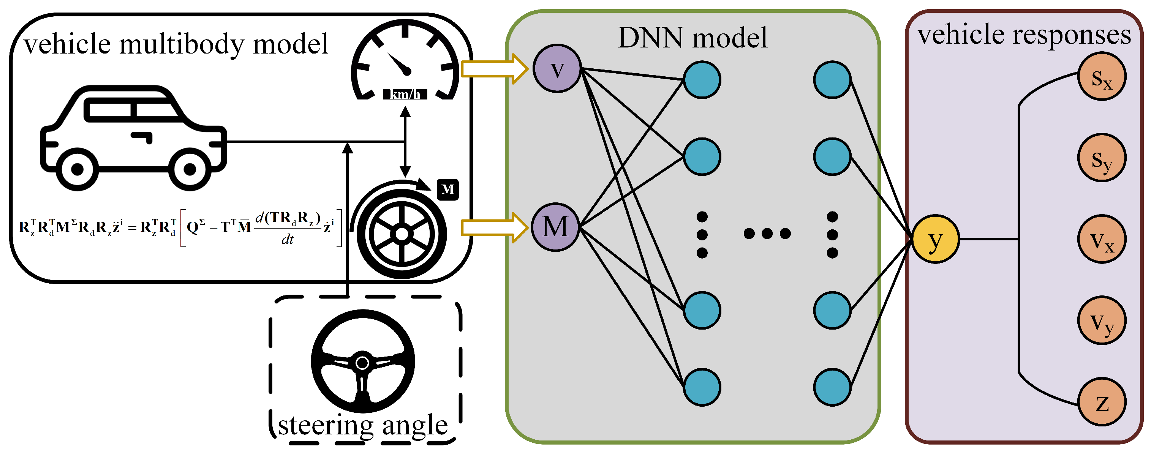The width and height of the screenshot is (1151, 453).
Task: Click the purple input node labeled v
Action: [557, 69]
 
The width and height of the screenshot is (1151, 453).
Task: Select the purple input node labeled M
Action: [555, 227]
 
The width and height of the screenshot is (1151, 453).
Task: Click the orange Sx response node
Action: [1102, 76]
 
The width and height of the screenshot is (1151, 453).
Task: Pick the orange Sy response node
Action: [1102, 158]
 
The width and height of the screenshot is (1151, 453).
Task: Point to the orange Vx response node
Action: [1102, 239]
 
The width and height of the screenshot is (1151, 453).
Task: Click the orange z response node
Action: [1102, 402]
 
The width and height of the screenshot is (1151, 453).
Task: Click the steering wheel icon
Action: [363, 361]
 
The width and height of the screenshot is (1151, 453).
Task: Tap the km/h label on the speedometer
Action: [405, 94]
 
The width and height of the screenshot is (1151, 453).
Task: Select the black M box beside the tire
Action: [448, 189]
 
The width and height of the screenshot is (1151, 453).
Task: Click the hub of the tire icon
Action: [402, 234]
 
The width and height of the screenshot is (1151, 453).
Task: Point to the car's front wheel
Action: [190, 169]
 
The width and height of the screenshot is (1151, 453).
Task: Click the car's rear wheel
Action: [77, 169]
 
